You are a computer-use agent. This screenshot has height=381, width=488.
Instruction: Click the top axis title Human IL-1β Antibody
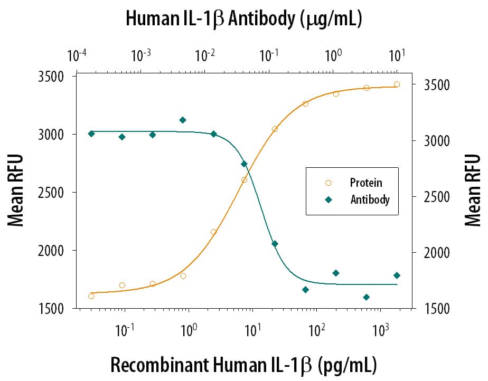click(243, 19)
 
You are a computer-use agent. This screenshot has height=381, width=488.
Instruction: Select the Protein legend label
click(365, 183)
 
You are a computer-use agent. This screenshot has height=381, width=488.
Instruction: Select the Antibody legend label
click(370, 199)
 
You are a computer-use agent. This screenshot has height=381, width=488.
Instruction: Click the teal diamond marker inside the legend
click(329, 199)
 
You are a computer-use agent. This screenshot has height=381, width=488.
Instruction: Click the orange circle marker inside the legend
click(329, 183)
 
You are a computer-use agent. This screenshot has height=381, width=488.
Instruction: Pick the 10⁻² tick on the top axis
click(205, 55)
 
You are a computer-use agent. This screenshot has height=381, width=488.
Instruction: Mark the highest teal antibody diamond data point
click(183, 120)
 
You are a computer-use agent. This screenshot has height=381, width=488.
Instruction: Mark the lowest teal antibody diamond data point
click(366, 297)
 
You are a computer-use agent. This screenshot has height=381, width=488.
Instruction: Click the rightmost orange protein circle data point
click(397, 84)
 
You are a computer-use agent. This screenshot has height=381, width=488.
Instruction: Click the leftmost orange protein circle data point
click(91, 296)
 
